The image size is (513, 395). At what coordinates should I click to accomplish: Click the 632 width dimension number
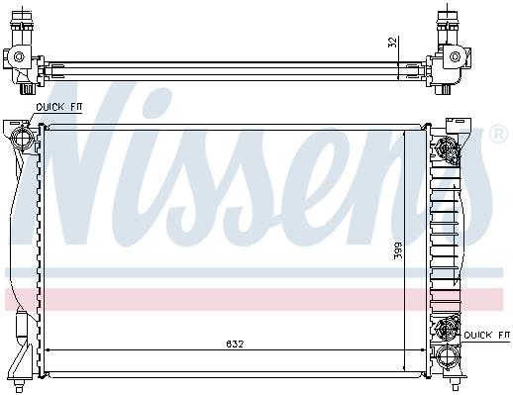pos(235,344)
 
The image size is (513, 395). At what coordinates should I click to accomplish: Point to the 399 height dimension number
pos(398,250)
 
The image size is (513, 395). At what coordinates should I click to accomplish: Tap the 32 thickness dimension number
pos(392,43)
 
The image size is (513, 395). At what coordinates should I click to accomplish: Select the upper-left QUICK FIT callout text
pos(58,107)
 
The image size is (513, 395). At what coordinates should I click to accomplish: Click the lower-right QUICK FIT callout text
pos(486,335)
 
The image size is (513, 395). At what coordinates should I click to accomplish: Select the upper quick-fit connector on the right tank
pos(447,149)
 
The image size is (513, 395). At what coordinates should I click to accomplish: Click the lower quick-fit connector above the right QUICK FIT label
pos(447,328)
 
